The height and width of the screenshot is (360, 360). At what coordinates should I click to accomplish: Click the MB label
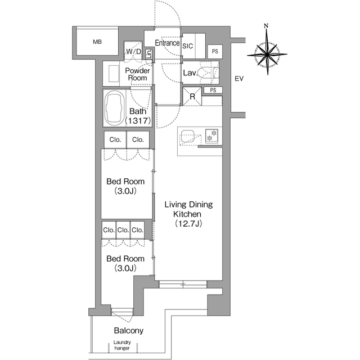pyautogui.click(x=97, y=42)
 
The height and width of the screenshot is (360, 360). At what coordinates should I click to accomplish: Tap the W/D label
pyautogui.click(x=134, y=51)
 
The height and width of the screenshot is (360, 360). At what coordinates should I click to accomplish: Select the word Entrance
pyautogui.click(x=167, y=43)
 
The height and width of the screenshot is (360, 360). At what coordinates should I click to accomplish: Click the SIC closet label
pyautogui.click(x=187, y=46)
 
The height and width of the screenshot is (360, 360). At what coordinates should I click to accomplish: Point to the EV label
pyautogui.click(x=238, y=79)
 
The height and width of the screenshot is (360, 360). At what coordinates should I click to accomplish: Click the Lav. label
pyautogui.click(x=190, y=73)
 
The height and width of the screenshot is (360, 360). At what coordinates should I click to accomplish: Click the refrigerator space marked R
pyautogui.click(x=192, y=96)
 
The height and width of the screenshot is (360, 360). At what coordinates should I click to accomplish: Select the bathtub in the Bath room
pyautogui.click(x=114, y=108)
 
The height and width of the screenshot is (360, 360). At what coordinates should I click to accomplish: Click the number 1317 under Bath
pyautogui.click(x=138, y=120)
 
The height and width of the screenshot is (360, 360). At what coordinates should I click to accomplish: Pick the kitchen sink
pyautogui.click(x=187, y=136)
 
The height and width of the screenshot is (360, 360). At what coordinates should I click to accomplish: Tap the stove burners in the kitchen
pyautogui.click(x=211, y=136)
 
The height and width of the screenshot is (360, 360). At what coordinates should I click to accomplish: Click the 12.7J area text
pyautogui.click(x=188, y=223)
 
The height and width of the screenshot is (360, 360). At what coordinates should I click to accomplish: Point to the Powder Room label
pyautogui.click(x=137, y=74)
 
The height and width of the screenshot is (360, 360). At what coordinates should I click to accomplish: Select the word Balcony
pyautogui.click(x=129, y=331)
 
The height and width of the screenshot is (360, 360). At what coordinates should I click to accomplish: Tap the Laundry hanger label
pyautogui.click(x=122, y=345)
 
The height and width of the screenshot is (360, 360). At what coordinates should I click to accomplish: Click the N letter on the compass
pyautogui.click(x=266, y=26)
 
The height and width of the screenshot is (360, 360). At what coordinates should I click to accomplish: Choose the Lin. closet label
pyautogui.click(x=148, y=54)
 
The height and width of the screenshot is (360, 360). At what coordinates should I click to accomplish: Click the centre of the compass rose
pyautogui.click(x=267, y=55)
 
